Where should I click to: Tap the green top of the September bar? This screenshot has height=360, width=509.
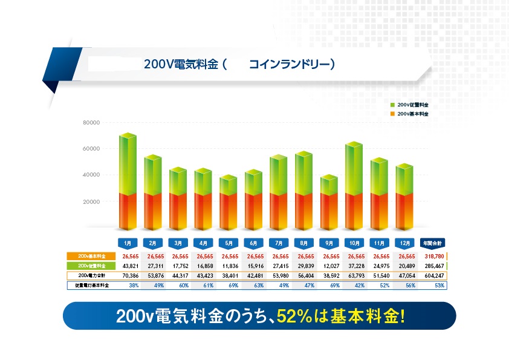click(328, 185)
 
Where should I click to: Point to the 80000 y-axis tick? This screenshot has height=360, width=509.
click(91, 123)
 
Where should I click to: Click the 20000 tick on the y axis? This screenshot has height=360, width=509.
click(91, 201)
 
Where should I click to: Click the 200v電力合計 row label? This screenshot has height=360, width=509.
click(88, 275)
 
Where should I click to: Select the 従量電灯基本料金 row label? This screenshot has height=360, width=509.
click(88, 285)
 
